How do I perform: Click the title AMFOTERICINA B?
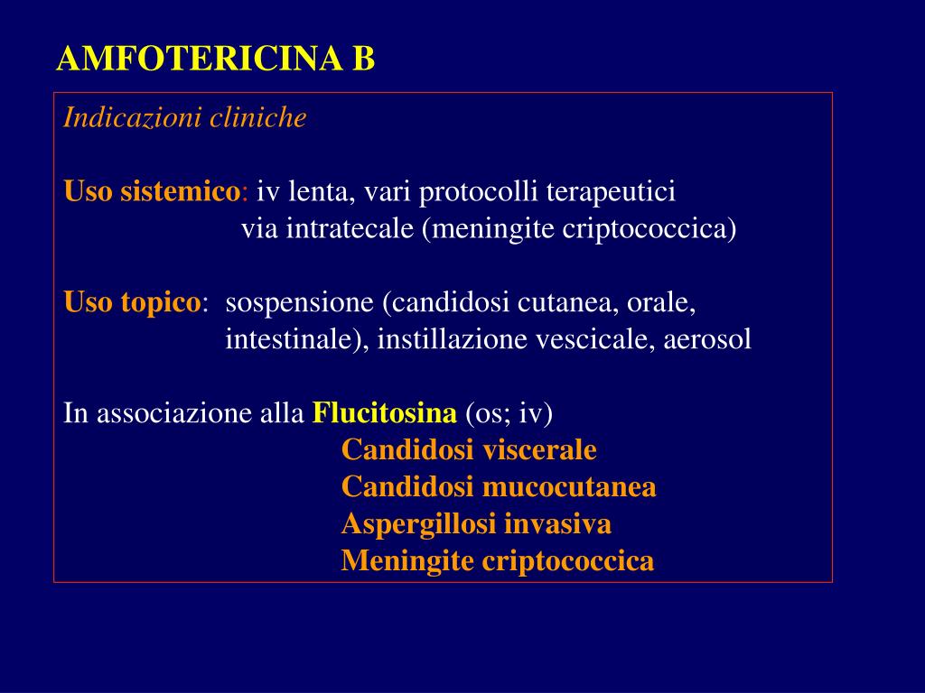pos(215,60)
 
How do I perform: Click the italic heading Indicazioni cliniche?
pos(185,118)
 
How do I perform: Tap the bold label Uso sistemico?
pos(151,192)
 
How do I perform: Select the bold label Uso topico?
pos(132,303)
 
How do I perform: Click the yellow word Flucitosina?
pos(385,414)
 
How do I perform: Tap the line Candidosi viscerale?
pos(469,450)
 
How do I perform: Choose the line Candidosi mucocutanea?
pos(499,488)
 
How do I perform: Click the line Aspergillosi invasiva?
pos(476,524)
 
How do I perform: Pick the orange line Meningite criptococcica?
pos(498,561)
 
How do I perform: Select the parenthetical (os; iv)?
pos(509,414)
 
